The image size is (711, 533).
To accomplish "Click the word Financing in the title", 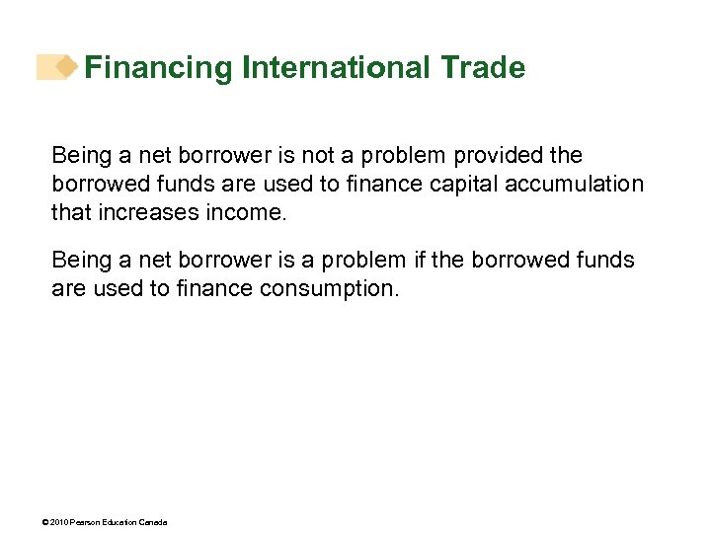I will coord(159,68).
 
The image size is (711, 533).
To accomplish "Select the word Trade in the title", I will coord(483,68).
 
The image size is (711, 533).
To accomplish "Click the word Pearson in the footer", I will coord(86,522).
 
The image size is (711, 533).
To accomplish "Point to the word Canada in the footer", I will coord(153,522).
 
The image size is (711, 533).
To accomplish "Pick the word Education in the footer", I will coord(120,522).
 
